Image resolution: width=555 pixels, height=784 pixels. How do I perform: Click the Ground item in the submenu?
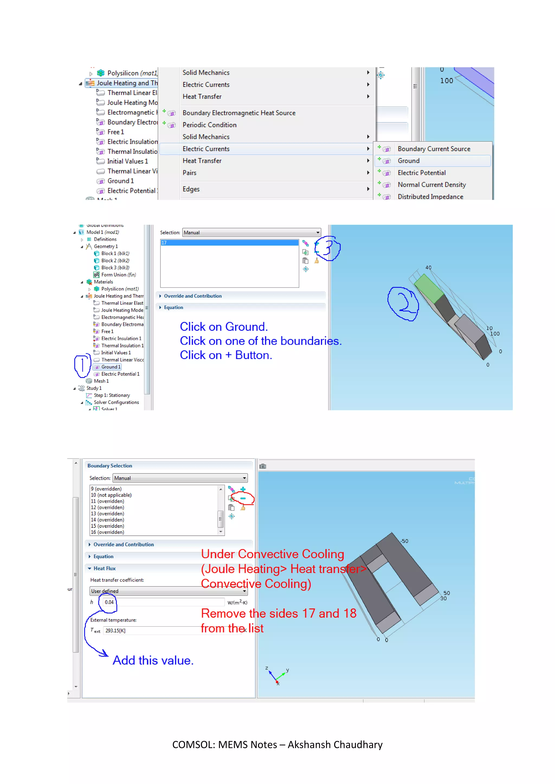coord(408,161)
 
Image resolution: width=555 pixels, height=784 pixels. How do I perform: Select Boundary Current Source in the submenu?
coord(434,149)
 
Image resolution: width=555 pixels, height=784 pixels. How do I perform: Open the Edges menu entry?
coord(191,189)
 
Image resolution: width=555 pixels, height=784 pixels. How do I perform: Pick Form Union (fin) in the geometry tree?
coord(118,275)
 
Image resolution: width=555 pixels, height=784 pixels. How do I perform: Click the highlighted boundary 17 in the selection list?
coord(229,243)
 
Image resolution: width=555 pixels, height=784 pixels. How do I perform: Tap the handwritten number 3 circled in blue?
coord(327,248)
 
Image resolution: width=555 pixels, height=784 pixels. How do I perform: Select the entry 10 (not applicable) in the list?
coord(111,495)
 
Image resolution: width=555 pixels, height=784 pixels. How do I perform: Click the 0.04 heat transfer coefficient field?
coord(163,602)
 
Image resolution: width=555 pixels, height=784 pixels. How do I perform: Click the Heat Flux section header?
coord(105,569)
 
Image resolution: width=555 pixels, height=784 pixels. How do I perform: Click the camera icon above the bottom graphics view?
coord(263,466)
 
